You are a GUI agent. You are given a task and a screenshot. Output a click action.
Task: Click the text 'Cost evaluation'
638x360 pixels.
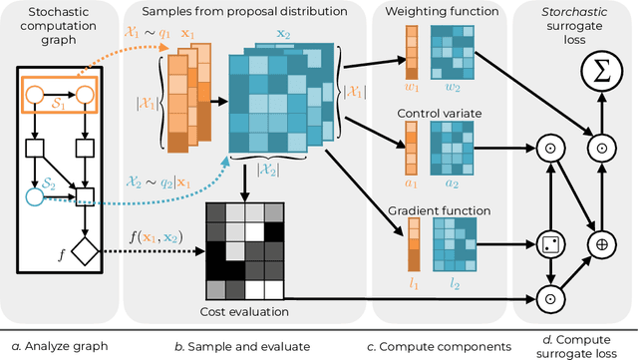[240, 312]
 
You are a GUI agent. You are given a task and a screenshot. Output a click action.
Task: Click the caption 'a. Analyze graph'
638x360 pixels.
[55, 345]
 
